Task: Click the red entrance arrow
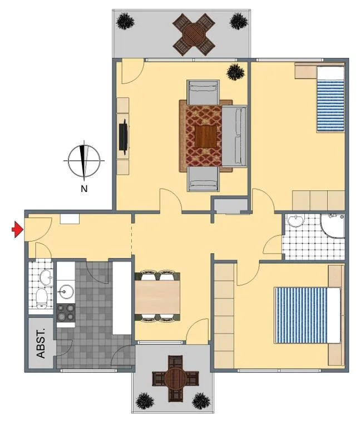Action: [17, 229]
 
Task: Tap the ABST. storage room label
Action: [41, 343]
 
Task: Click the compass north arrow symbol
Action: [84, 161]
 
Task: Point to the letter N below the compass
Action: [84, 189]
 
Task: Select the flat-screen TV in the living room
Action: [124, 135]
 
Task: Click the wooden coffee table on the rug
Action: [206, 136]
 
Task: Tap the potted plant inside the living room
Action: [235, 72]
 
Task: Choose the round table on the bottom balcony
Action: [175, 379]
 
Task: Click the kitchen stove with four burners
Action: [66, 313]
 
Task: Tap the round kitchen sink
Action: [66, 292]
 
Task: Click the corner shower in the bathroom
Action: [332, 226]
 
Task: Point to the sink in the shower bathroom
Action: [295, 220]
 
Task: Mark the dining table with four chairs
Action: [157, 297]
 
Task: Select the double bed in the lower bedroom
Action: [308, 315]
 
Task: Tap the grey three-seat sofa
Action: [234, 136]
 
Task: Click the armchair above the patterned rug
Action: [203, 92]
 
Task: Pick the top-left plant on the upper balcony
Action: [125, 21]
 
